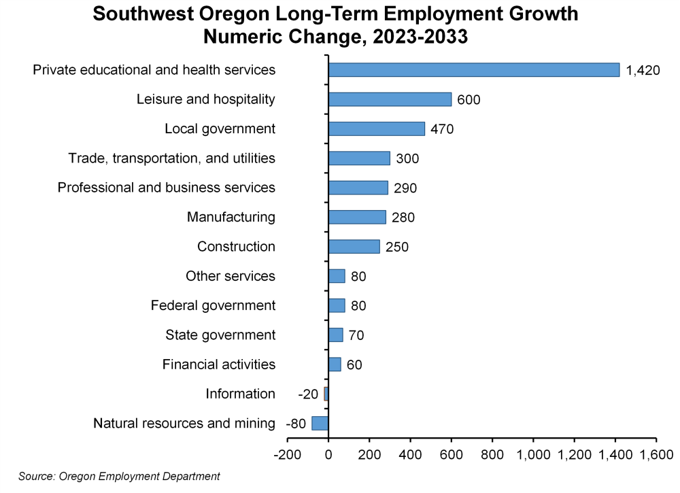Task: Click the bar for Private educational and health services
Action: pos(474,69)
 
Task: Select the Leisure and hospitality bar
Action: pos(390,99)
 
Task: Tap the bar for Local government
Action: pos(376,129)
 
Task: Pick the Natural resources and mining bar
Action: pos(320,423)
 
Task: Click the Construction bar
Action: pos(354,246)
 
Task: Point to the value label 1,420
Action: pos(643,70)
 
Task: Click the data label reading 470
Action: pos(442,129)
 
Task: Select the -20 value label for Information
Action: pos(308,394)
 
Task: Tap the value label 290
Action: pos(405,188)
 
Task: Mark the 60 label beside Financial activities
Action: pos(354,365)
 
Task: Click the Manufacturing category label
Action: pos(231,217)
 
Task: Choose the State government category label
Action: pos(220,335)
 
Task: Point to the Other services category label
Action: pos(231,276)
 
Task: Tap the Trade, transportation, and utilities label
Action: pos(172,158)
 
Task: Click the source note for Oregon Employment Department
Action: pos(119,476)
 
